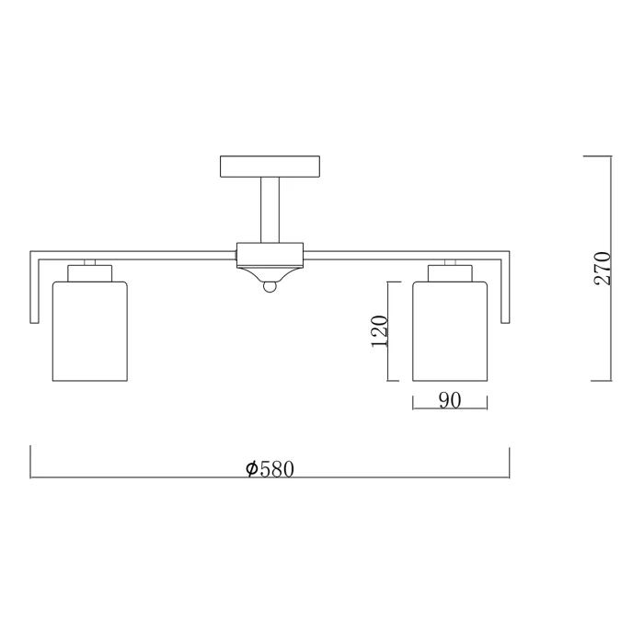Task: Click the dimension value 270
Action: pos(603,268)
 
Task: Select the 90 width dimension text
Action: pos(449,401)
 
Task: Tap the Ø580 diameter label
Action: pos(270,468)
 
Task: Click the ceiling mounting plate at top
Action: pos(270,167)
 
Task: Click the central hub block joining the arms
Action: pos(270,253)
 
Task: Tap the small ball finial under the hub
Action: pos(270,288)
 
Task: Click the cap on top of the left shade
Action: pos(89,272)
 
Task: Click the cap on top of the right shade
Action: pos(449,272)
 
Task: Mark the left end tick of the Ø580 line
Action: pos(31,462)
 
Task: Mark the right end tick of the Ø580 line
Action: pos(510,462)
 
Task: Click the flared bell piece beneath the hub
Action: pos(270,274)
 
